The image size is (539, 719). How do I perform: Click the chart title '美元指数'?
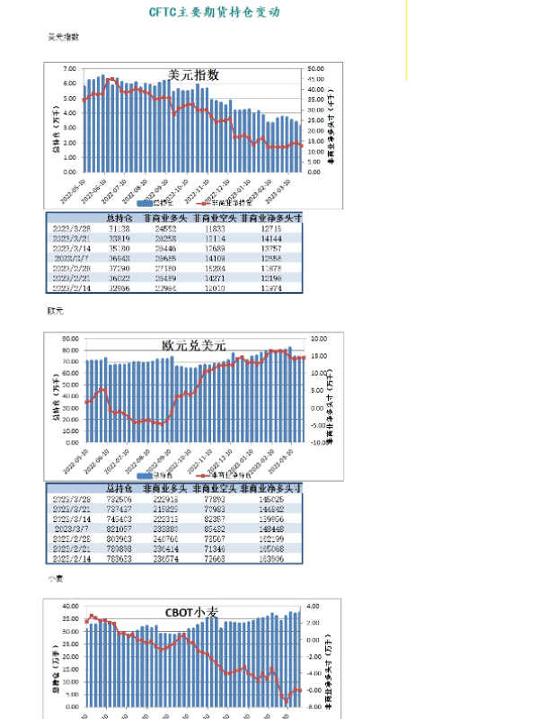193,75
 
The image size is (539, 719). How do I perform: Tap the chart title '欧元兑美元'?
193,345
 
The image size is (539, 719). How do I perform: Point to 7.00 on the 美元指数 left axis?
69,69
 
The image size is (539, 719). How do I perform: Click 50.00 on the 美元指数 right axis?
314,69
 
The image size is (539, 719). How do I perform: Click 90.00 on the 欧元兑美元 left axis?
68,339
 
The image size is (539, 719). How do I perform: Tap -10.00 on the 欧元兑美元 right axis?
317,443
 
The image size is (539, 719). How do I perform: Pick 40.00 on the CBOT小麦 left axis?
68,607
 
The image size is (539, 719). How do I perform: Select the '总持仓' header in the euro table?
119,487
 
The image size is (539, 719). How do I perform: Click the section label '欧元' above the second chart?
56,311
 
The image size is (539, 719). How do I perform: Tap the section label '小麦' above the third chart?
56,579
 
